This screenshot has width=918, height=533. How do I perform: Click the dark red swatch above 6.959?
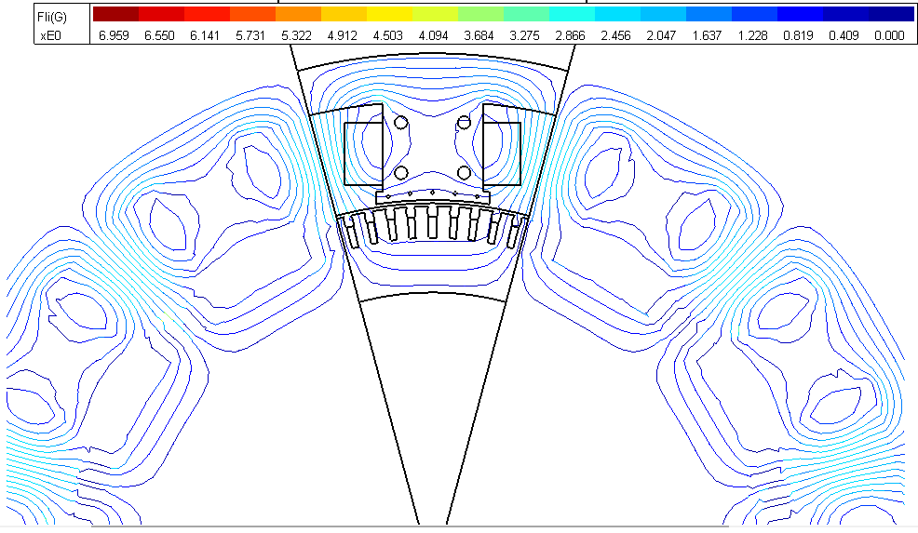(115, 14)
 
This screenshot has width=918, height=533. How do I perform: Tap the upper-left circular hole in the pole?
(401, 123)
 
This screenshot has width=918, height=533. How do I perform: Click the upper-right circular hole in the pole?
(463, 123)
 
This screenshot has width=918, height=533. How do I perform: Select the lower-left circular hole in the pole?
(401, 172)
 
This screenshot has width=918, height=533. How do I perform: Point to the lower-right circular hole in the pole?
(463, 172)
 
